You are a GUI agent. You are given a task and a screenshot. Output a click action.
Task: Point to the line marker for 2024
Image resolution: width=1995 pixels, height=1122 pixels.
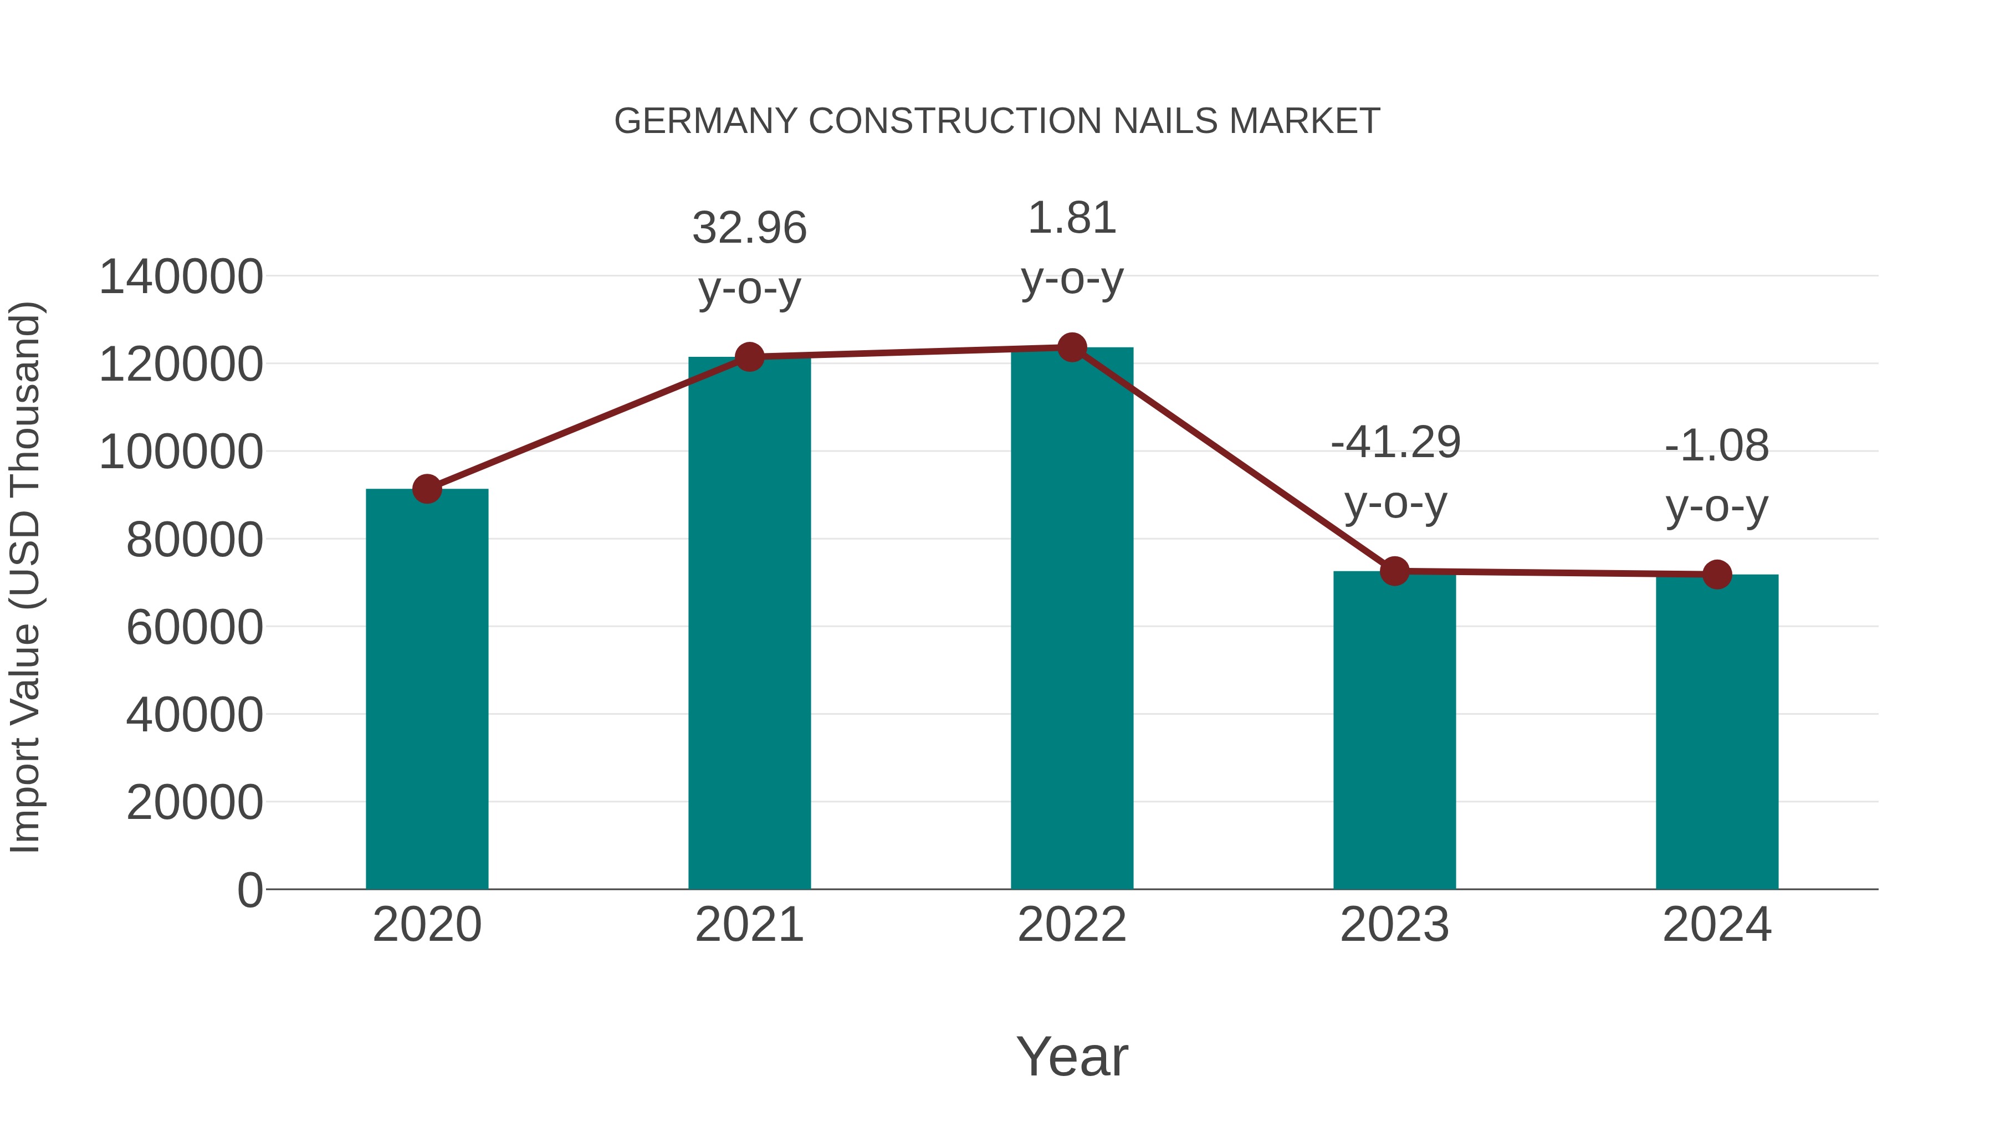click(x=1717, y=575)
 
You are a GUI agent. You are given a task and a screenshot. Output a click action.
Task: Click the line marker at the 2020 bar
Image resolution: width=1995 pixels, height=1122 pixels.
click(x=427, y=489)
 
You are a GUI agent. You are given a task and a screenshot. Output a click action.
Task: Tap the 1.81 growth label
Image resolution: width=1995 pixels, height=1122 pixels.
click(x=1072, y=218)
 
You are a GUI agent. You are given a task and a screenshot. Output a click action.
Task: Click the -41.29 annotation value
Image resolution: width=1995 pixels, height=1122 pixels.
click(x=1395, y=443)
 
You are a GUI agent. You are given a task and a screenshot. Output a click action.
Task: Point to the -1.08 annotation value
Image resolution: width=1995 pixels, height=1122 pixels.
click(x=1717, y=446)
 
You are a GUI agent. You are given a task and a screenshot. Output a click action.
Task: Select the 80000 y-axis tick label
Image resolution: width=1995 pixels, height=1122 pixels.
click(x=195, y=540)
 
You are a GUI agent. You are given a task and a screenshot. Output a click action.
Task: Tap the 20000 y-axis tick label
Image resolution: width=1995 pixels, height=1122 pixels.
click(x=195, y=803)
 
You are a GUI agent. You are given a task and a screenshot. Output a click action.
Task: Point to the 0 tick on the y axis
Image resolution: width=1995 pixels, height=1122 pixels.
click(x=250, y=890)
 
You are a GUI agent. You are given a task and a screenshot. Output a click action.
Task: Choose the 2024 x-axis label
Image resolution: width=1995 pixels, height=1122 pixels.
click(x=1717, y=925)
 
